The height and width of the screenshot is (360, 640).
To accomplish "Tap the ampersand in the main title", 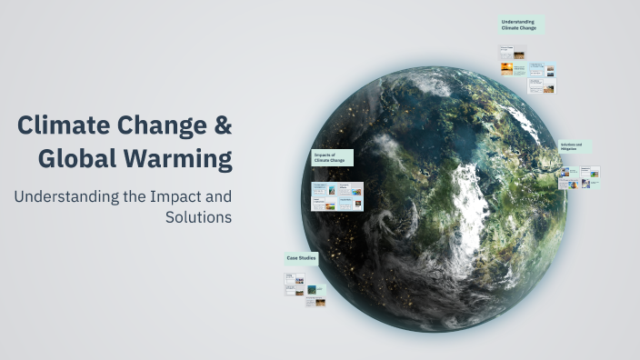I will point(223,126).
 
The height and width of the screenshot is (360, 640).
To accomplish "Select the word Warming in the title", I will point(181,159).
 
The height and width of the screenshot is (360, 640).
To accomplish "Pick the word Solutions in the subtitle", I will point(199,217).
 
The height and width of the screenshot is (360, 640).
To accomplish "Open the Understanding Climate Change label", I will point(521,25).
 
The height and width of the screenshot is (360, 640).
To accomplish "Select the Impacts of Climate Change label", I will point(331,158).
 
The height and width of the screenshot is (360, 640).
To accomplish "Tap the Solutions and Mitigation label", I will point(575,146).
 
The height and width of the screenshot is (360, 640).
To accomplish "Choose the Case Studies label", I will point(300,258).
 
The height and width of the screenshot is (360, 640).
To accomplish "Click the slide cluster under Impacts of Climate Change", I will point(337,196).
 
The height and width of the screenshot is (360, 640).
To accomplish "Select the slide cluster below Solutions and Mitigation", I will point(579,176).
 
